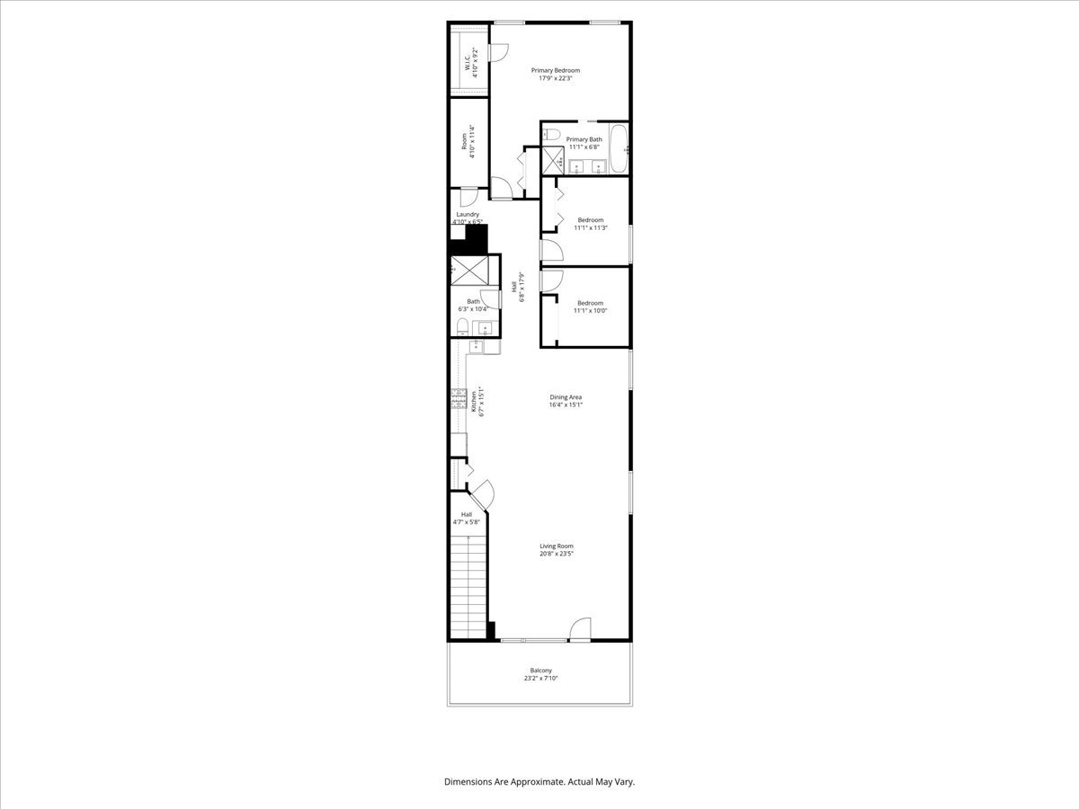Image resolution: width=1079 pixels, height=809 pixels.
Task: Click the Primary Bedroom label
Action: pos(555,70)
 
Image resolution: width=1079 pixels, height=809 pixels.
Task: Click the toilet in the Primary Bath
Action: pos(554,135)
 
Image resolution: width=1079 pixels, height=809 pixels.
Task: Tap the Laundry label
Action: pos(467,215)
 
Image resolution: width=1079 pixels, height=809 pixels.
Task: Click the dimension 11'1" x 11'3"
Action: pos(590,228)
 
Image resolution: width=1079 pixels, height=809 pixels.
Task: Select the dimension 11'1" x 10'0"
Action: pos(590,311)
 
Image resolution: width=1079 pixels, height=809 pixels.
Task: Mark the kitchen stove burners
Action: pos(459,397)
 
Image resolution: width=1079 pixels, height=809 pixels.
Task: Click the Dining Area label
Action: pos(566,396)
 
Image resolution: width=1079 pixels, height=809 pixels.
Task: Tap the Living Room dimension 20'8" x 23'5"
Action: pos(556,554)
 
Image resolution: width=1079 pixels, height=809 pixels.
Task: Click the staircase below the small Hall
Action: pos(468,584)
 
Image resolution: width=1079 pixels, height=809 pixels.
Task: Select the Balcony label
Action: pos(540,671)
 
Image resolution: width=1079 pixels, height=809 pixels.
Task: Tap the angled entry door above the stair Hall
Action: pos(482,492)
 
